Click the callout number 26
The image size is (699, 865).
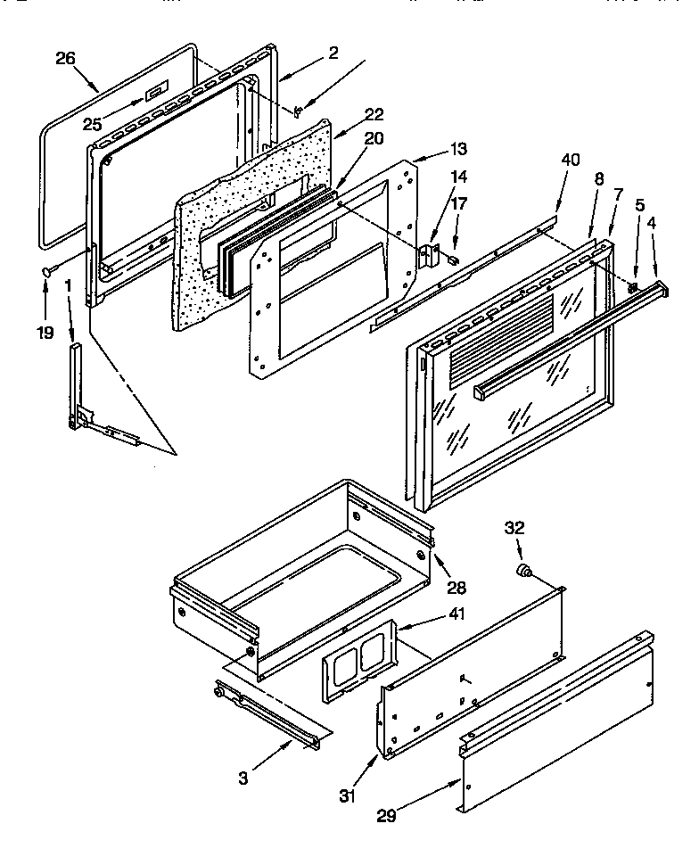(x=65, y=59)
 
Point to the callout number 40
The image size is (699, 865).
(x=570, y=160)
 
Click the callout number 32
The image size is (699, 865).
(x=514, y=527)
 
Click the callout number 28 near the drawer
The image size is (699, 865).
(x=457, y=588)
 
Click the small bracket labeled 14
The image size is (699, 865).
(x=431, y=254)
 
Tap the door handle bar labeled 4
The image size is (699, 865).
(x=571, y=338)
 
